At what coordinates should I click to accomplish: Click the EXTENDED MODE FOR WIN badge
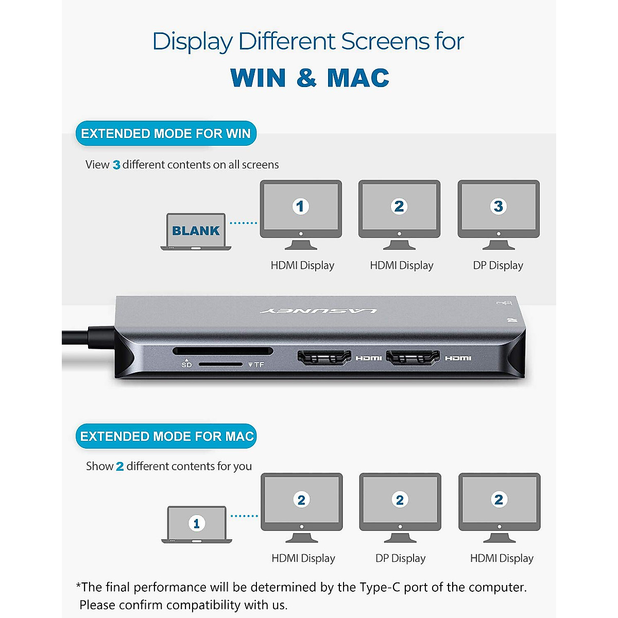click(166, 134)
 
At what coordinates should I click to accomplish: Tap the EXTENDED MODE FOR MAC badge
click(166, 436)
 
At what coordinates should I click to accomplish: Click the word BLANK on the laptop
click(196, 231)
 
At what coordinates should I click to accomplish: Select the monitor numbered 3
click(499, 214)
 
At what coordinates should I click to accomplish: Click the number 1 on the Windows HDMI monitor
click(301, 207)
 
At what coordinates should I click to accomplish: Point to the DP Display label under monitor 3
click(498, 265)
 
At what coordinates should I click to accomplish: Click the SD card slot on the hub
click(222, 351)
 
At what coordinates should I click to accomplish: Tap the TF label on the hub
click(259, 365)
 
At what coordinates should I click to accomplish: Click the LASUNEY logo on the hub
click(319, 311)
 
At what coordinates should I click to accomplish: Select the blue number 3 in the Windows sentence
click(116, 165)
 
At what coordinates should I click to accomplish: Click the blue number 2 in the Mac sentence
click(119, 467)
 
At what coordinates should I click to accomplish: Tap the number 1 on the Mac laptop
click(196, 524)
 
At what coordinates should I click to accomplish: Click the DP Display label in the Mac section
click(400, 558)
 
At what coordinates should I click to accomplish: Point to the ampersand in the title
click(306, 78)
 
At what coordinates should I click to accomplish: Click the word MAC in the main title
click(358, 78)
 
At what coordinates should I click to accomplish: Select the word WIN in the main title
click(258, 78)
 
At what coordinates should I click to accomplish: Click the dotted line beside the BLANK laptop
click(243, 223)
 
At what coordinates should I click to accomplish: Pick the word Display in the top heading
click(193, 42)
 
